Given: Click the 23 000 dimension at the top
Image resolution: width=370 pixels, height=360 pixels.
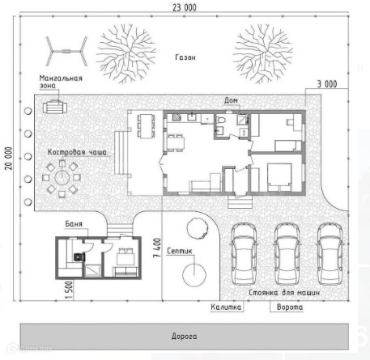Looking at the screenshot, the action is (x=185, y=7).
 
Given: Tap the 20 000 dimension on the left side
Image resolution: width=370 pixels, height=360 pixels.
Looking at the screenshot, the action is (x=8, y=159).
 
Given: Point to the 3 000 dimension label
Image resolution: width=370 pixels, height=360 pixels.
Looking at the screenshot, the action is (x=327, y=84).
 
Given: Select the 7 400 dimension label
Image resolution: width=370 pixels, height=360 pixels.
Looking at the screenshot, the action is (x=157, y=248).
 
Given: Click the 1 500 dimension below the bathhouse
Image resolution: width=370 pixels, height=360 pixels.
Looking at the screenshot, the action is (x=69, y=290).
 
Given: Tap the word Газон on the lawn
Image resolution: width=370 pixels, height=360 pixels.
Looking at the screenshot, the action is (x=185, y=57).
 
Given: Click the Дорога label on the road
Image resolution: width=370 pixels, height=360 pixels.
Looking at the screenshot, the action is (x=185, y=337).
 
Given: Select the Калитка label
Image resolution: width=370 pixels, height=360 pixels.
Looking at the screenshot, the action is (x=226, y=307).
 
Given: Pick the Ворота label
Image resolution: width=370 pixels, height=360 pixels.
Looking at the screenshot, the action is (x=290, y=307).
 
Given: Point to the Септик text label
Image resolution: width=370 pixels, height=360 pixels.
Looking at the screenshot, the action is (x=180, y=251).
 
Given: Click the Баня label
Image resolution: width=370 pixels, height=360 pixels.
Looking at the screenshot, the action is (x=74, y=224).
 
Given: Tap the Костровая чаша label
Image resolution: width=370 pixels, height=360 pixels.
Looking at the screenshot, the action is (x=77, y=152).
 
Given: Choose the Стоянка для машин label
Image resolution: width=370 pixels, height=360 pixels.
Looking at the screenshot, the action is (x=284, y=293).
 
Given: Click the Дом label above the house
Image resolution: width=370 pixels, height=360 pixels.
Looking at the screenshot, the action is (x=231, y=100).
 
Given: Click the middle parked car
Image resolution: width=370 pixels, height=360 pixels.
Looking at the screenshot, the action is (x=287, y=254).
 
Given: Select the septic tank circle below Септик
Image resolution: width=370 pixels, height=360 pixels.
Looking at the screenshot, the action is (x=194, y=275).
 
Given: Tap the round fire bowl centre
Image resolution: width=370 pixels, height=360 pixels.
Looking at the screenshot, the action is (x=62, y=177).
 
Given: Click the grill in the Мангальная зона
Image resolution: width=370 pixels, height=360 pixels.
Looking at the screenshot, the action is (x=55, y=107).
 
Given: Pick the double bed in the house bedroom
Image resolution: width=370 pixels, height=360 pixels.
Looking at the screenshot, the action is (x=279, y=177).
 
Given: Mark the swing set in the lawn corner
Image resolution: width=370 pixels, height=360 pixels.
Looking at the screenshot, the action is (x=66, y=51).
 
